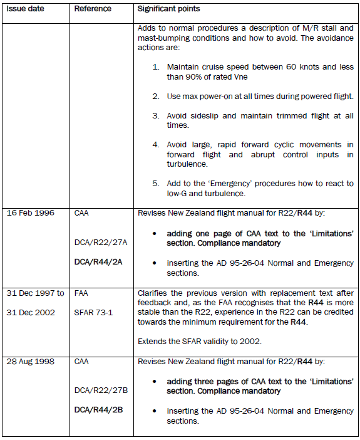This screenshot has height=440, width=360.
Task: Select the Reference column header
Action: click(x=93, y=9)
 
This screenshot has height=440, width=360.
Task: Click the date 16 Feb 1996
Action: click(x=30, y=213)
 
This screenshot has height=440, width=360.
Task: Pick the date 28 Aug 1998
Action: click(x=31, y=362)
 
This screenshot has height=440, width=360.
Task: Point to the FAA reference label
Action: click(x=82, y=293)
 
